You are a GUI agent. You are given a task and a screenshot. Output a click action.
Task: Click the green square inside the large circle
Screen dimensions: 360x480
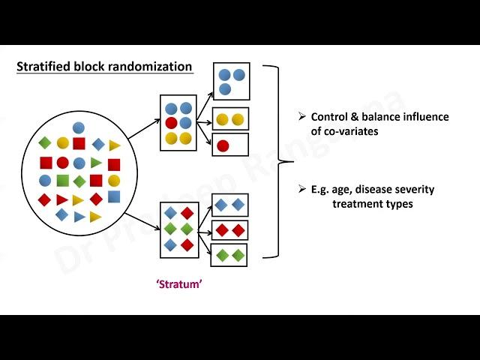[63, 180]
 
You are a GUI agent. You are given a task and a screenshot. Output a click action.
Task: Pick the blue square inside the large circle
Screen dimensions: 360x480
[113, 196]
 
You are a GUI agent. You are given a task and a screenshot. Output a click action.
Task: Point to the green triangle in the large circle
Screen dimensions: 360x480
[96, 162]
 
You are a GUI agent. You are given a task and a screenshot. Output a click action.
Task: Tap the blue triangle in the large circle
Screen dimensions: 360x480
[79, 217]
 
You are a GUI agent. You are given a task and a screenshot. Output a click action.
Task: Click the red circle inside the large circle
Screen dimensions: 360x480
[63, 163]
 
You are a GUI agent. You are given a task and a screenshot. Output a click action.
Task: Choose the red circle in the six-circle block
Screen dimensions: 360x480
[171, 123]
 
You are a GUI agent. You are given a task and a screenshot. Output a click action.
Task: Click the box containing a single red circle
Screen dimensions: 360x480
[229, 145]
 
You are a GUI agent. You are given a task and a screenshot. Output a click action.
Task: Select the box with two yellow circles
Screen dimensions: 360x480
[229, 119]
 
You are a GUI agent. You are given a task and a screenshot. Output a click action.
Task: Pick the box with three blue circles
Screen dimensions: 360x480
[231, 81]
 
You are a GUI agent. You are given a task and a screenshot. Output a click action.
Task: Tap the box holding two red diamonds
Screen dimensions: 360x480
[231, 230]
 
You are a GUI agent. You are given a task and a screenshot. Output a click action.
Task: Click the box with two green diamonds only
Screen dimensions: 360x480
[230, 255]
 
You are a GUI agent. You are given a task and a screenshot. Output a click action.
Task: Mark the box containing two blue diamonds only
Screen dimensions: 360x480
[230, 205]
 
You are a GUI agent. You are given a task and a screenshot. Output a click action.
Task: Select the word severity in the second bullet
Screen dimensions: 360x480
[409, 189]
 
